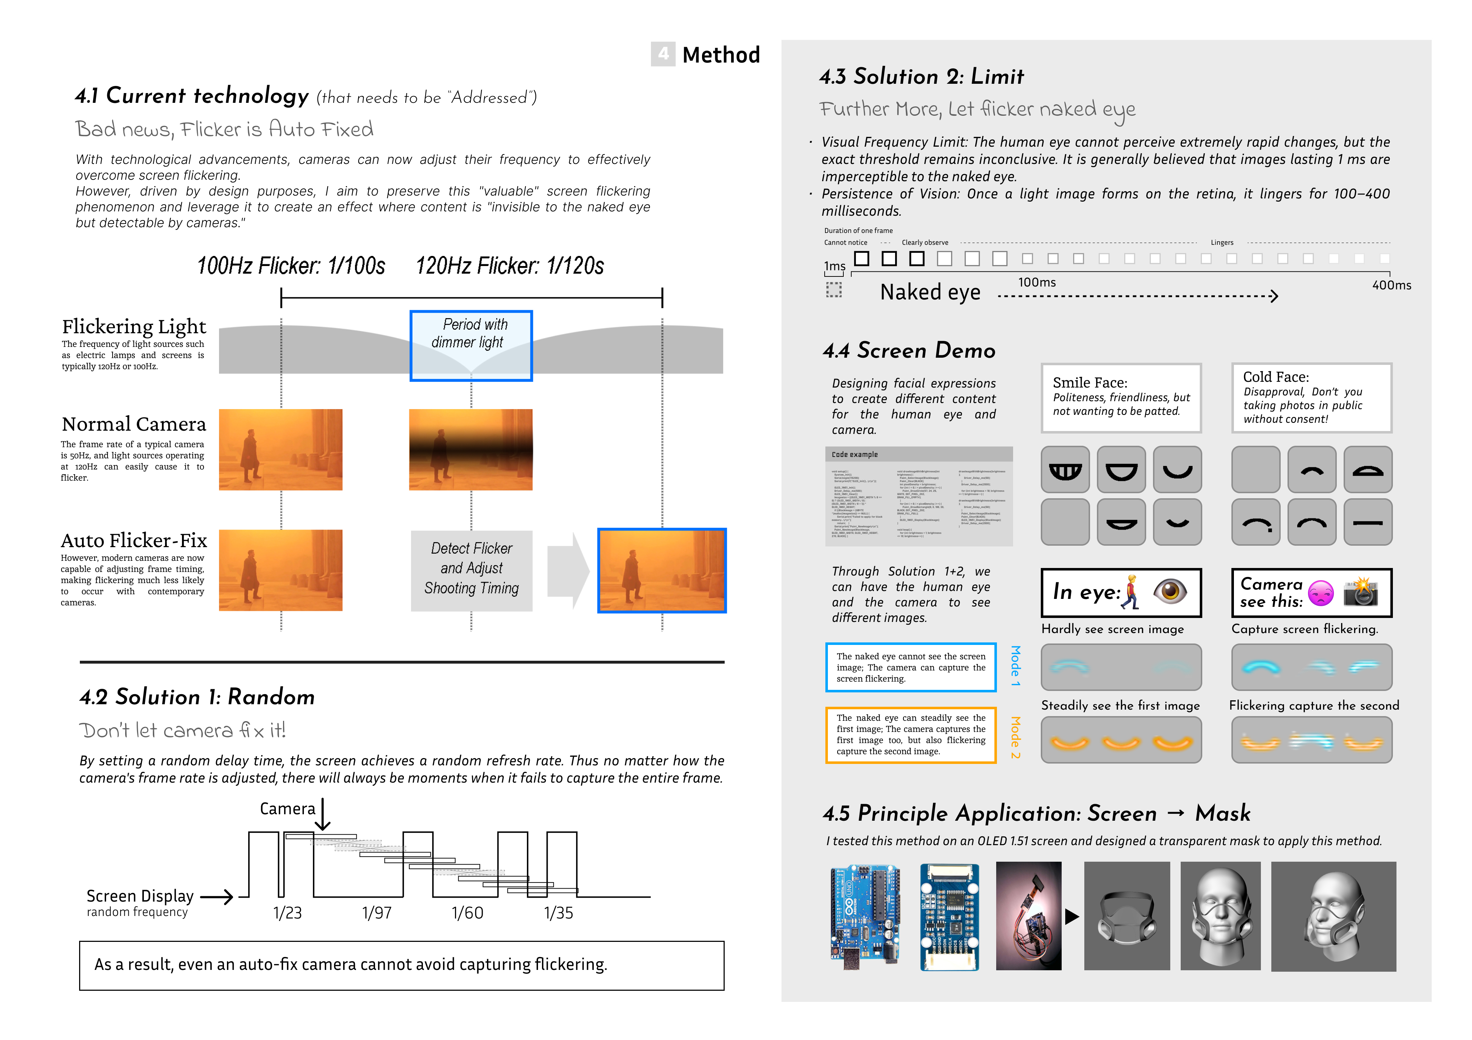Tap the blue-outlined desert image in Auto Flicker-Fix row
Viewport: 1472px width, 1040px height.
click(662, 570)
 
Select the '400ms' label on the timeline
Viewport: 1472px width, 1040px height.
click(1391, 285)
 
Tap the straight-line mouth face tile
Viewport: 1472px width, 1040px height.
click(1367, 522)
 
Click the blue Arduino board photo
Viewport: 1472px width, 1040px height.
click(865, 915)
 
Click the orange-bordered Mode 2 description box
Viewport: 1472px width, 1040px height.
click(910, 735)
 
